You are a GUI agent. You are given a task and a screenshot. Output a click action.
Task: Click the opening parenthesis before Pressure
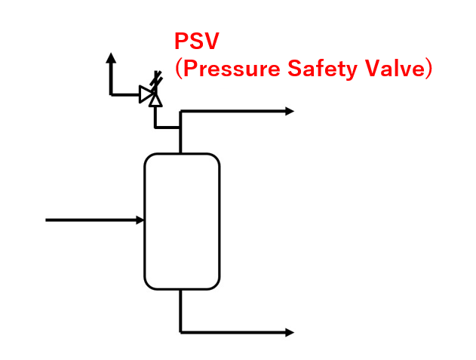pos(179,70)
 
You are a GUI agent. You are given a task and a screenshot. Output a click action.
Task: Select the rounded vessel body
pos(182,221)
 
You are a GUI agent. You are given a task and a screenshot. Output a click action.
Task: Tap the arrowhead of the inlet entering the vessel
pos(140,220)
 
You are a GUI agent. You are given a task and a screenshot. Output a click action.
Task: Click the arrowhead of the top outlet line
pos(290,112)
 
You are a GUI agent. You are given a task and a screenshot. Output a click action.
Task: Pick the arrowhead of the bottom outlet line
pos(290,332)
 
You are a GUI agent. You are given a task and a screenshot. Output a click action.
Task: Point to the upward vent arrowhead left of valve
pos(111,57)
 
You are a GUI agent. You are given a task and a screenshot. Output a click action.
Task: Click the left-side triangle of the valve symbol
pos(145,94)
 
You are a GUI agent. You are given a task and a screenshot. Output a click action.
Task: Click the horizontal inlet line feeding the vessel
pos(91,220)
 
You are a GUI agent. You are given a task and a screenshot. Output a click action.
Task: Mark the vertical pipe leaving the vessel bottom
pos(181,309)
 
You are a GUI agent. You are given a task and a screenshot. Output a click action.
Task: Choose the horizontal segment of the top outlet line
pos(234,112)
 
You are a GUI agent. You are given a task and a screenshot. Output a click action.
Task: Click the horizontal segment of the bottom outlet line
pos(234,332)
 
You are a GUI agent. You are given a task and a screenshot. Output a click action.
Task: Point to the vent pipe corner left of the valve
pos(111,94)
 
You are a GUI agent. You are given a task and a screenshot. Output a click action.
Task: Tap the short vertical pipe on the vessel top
pos(181,140)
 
